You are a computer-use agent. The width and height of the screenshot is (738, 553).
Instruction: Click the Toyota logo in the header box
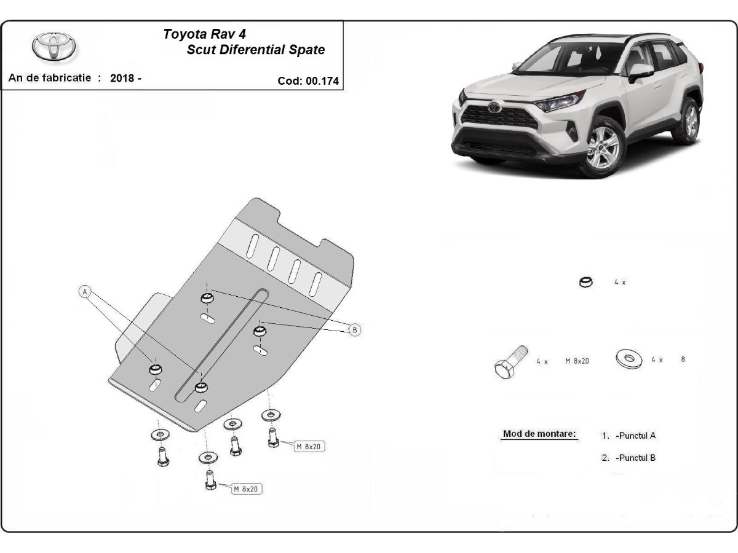click(x=54, y=47)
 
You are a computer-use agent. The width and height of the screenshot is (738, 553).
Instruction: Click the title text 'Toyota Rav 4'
click(x=204, y=34)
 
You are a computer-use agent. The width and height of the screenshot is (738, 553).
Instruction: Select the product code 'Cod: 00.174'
click(x=308, y=80)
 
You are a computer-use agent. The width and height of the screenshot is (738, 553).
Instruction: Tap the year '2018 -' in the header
click(x=126, y=78)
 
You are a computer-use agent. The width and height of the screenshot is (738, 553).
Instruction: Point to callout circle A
click(x=85, y=291)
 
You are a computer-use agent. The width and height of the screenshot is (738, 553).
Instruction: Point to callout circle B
click(x=354, y=330)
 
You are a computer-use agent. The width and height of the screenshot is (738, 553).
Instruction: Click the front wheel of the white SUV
click(x=603, y=147)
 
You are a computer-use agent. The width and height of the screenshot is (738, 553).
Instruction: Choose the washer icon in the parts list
click(x=628, y=358)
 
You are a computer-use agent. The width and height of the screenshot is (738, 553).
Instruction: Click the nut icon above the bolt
click(x=586, y=283)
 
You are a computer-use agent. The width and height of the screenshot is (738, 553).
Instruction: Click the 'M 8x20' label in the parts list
click(x=577, y=361)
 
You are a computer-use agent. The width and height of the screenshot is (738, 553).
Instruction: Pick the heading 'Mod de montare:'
click(x=539, y=434)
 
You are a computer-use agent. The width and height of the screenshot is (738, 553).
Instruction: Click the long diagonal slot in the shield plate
click(x=221, y=344)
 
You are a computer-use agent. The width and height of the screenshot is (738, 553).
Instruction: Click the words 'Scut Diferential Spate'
click(x=255, y=50)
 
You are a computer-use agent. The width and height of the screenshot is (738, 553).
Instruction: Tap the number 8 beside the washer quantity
click(x=683, y=359)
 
